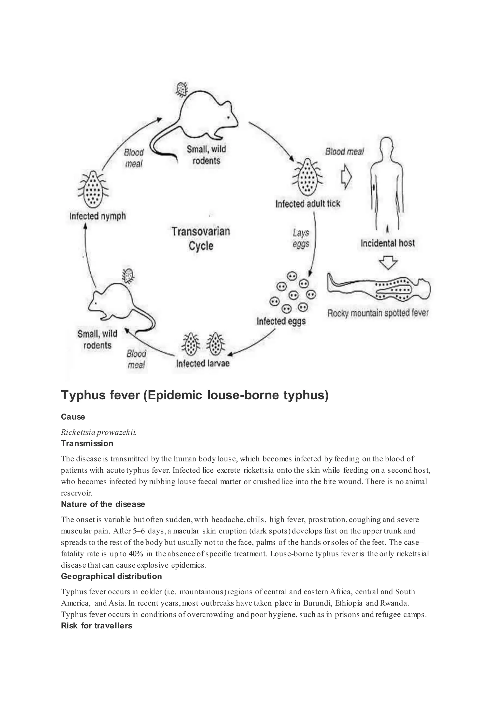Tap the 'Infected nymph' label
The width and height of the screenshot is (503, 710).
coord(98,216)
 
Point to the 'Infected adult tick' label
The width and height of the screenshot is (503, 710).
coord(307,204)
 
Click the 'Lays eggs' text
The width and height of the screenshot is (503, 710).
coord(301,238)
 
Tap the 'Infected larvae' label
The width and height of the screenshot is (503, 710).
coord(203,363)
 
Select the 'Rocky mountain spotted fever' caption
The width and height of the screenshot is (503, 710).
coord(378,313)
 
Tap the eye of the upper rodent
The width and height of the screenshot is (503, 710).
coord(229,117)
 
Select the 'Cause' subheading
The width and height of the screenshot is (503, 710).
coord(73,417)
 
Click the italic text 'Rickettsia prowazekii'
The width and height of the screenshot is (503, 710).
coord(98,432)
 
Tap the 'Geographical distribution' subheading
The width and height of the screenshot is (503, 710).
coord(111,576)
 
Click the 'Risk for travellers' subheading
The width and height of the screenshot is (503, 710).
coord(96,626)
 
